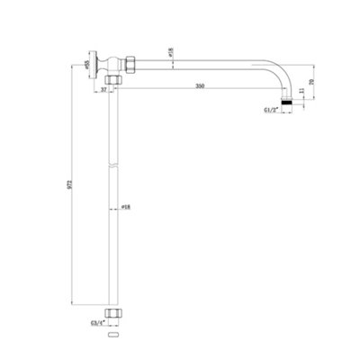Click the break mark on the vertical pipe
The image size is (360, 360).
[x=112, y=169]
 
